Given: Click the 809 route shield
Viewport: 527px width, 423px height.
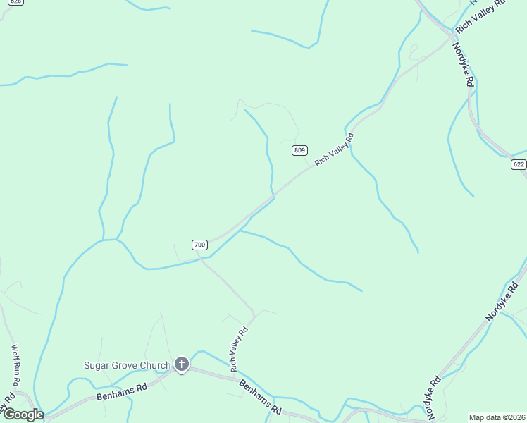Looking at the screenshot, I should coord(300,150).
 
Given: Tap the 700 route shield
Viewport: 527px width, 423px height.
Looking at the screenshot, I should coord(199,245).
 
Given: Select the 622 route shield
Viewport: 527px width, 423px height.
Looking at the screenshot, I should coord(519,164).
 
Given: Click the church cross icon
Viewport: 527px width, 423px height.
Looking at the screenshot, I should coord(182,364).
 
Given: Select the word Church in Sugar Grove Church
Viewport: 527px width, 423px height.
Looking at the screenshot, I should coord(155,365).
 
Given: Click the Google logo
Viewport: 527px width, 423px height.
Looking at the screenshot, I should coord(23,415).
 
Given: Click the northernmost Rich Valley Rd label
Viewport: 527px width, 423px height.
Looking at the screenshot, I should coord(481,16).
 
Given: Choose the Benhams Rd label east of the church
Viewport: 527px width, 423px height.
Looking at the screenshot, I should coord(261,398).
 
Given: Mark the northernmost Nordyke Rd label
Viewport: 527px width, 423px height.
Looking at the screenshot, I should coord(462,64).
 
